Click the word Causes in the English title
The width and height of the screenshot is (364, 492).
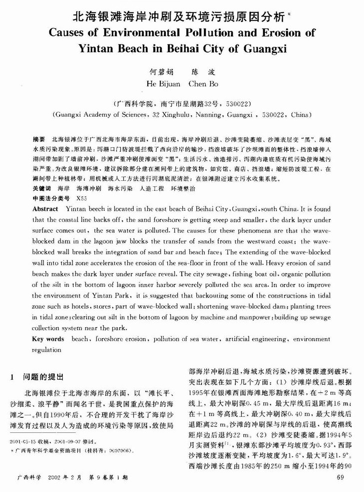point(70,34)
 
